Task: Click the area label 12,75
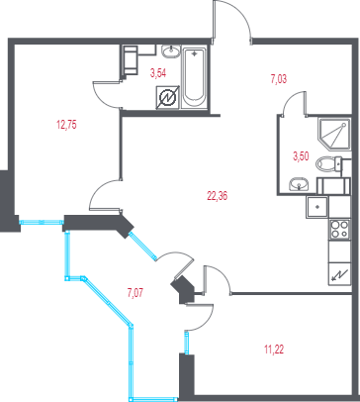coord(66,125)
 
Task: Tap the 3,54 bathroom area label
coord(158,73)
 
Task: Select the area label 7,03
coord(279,79)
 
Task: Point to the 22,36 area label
coord(218,196)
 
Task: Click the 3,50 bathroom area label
coord(301,156)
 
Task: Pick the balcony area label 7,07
coord(135,293)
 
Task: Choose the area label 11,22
coord(274,350)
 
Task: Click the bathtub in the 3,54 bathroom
coord(194,78)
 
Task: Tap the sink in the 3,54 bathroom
coord(171,51)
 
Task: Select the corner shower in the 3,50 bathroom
coord(333,134)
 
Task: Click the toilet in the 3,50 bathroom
coord(329,163)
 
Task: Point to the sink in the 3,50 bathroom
coord(299,184)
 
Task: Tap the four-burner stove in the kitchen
coord(339,230)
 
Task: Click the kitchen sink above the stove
coord(317,207)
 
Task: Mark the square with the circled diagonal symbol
coord(168,98)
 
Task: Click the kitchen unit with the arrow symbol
coord(339,273)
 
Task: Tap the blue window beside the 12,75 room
coord(42,222)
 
